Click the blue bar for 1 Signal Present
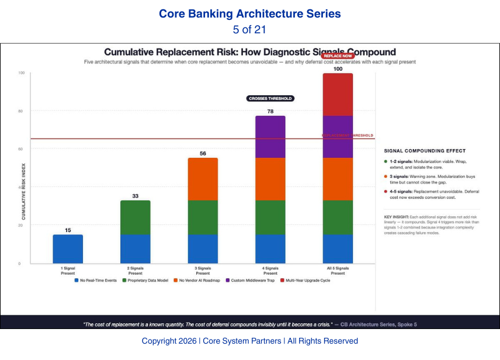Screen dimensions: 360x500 pos(68,249)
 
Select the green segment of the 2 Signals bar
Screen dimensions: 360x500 pos(135,217)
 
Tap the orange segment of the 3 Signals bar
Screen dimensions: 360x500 pos(203,179)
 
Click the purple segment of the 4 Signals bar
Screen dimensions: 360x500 pos(270,137)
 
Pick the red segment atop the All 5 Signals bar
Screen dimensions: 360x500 pos(338,94)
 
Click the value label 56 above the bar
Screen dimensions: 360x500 pos(203,154)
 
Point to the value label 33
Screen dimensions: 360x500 pos(135,196)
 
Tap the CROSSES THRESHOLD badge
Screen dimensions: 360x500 pos(270,99)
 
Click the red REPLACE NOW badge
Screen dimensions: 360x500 pos(338,56)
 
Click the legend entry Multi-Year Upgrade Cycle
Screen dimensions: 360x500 pos(307,281)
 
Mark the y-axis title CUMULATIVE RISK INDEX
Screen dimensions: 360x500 pos(23,187)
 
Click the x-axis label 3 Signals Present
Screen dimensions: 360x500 pos(203,271)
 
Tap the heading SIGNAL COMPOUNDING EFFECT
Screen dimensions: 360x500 pos(425,151)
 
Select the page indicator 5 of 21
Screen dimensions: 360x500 pos(250,29)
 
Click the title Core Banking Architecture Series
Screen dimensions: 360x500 pos(250,13)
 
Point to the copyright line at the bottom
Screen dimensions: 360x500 pos(250,341)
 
